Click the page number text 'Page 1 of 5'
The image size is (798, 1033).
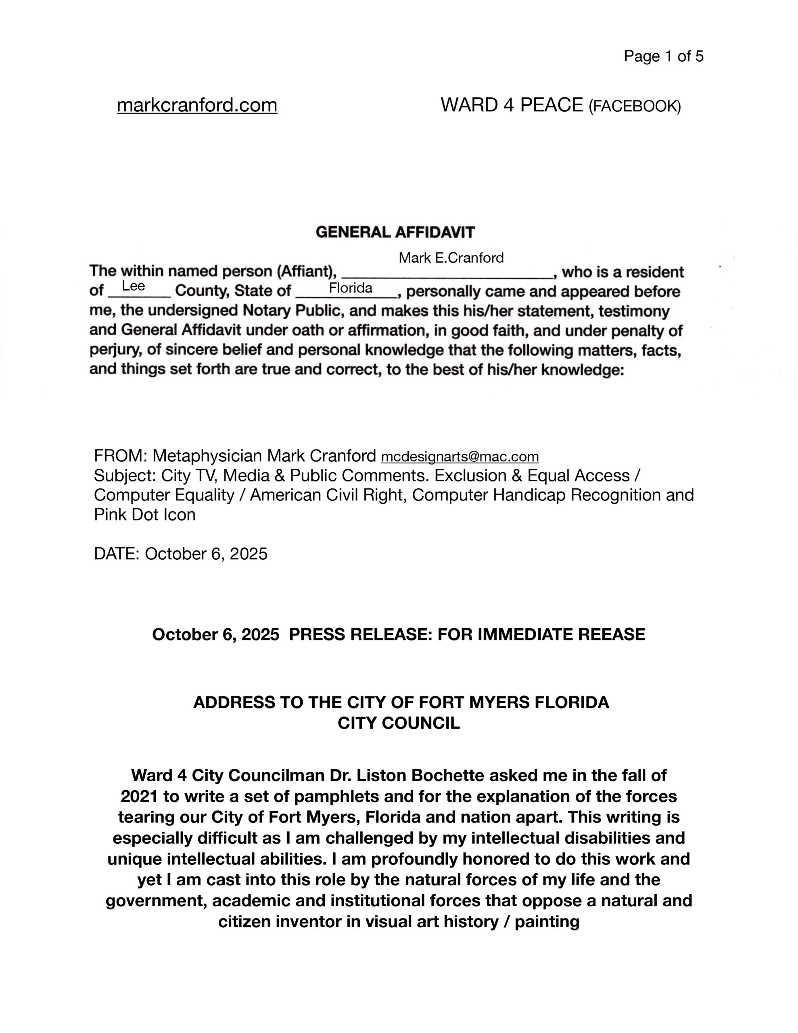coord(663,56)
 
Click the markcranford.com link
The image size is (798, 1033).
coord(197,105)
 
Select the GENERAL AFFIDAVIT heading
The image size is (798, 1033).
coord(395,232)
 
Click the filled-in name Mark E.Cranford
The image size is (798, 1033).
coord(451,258)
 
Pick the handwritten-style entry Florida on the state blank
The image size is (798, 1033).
coord(351,288)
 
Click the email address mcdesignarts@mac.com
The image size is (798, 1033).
coord(460,457)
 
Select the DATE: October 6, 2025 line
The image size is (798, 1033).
coord(181,554)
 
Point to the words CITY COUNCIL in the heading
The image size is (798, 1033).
coord(398,723)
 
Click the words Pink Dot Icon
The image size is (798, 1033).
coord(145,514)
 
